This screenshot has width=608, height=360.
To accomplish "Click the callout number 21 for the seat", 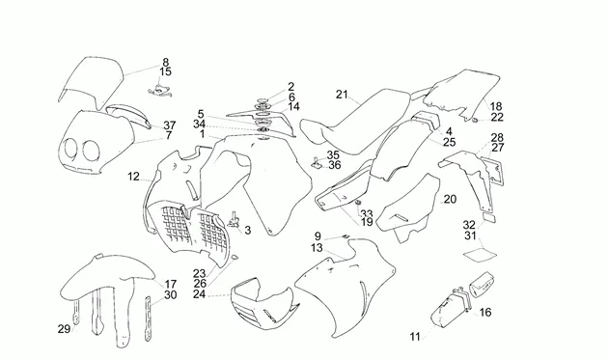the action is click(342, 95).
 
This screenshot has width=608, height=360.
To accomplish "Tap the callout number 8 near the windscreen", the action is click(166, 62).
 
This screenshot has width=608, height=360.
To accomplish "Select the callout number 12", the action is click(133, 177).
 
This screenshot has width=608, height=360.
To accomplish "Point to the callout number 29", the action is click(64, 329).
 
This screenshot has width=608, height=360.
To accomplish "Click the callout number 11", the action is click(415, 337).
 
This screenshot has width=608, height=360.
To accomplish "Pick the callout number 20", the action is click(450, 200).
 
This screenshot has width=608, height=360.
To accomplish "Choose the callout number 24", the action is click(200, 294).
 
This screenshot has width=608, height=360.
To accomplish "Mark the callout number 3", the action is click(247, 231).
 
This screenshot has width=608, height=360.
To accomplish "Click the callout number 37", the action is click(170, 125).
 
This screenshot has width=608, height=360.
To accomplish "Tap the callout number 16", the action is click(485, 313).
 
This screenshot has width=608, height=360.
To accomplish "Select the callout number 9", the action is click(318, 235).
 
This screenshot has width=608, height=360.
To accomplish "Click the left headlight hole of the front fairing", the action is click(70, 149).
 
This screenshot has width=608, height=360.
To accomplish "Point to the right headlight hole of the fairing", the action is click(91, 151).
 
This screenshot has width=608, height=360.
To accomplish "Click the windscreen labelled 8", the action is click(91, 82).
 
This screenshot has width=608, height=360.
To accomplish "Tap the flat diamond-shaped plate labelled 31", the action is click(481, 255).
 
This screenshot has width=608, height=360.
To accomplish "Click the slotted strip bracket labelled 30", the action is click(148, 318).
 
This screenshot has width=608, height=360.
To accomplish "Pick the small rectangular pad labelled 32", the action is click(488, 216).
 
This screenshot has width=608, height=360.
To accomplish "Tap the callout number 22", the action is click(497, 117).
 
